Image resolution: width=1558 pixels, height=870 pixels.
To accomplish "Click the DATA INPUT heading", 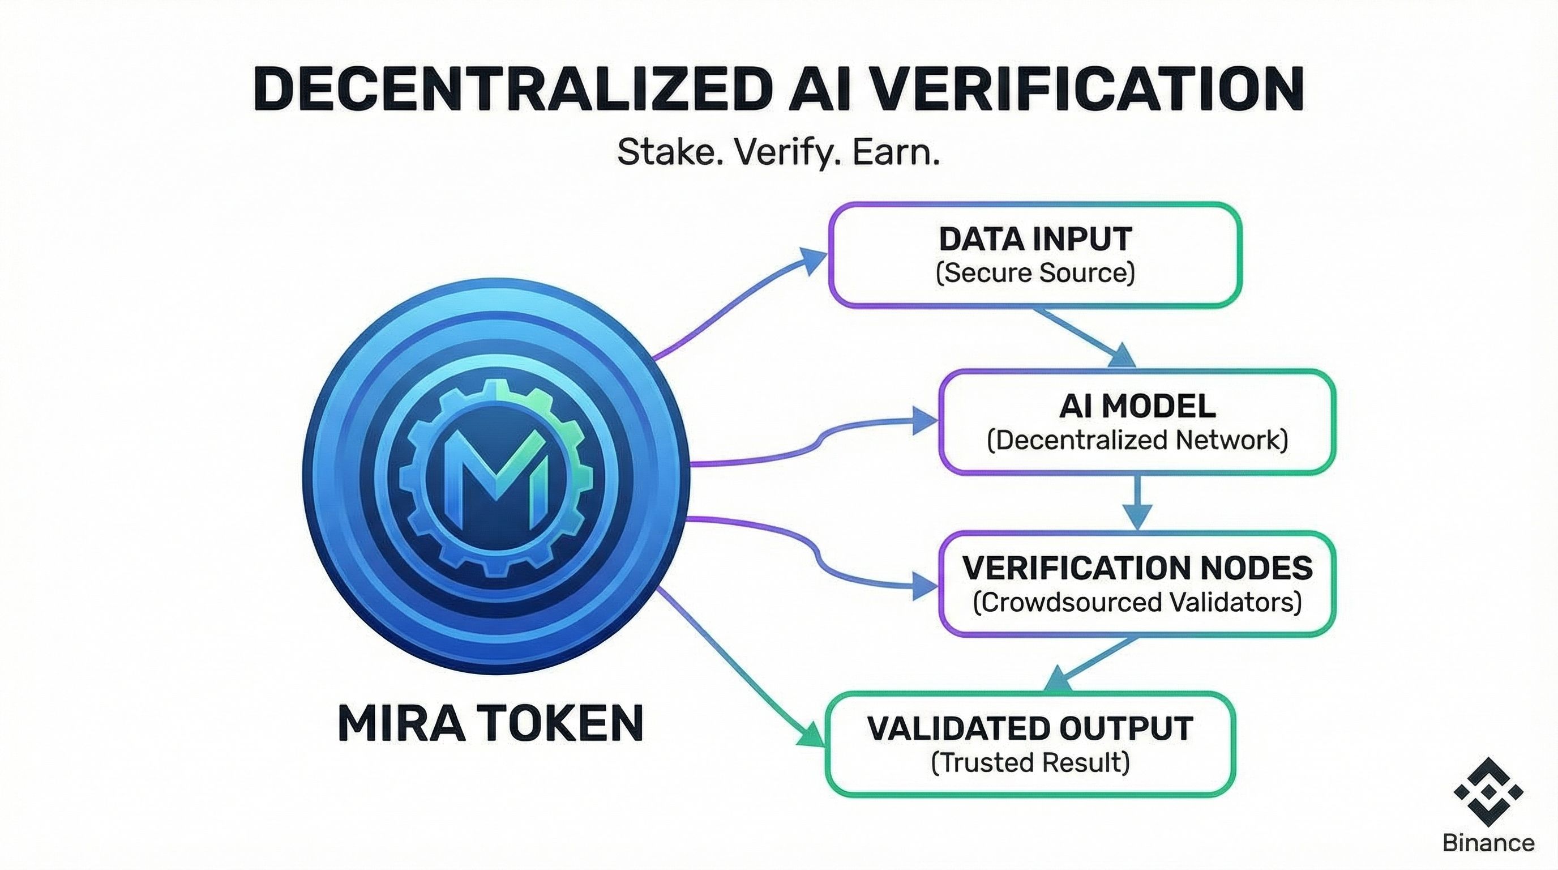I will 1035,239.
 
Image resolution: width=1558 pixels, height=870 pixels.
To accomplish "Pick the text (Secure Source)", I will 1035,273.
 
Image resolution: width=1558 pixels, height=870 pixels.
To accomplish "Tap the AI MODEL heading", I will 1137,406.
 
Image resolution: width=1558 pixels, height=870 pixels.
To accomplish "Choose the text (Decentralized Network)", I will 1137,440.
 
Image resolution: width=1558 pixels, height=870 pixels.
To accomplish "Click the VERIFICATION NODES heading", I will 1137,568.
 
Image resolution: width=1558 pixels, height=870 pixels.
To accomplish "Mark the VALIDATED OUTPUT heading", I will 1030,728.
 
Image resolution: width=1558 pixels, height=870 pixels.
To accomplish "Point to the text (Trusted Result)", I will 1030,762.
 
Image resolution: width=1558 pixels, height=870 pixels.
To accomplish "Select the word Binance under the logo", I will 1488,842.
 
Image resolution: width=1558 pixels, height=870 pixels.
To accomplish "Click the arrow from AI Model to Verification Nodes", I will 1137,502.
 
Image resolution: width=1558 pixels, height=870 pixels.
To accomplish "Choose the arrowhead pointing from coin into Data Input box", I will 814,260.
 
